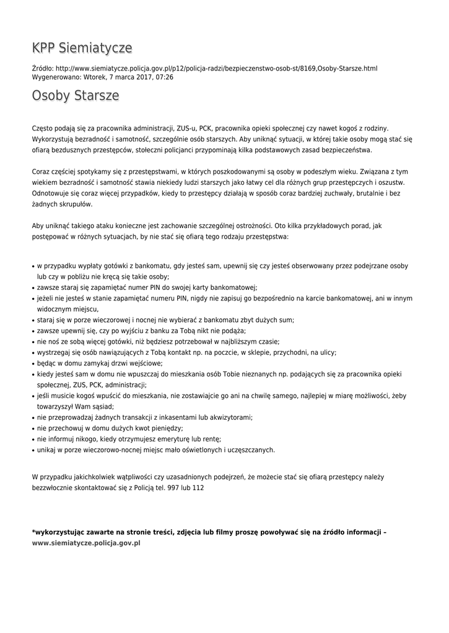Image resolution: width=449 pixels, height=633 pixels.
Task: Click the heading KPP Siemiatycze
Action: pos(82,48)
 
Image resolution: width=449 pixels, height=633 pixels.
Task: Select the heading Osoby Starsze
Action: pos(76,96)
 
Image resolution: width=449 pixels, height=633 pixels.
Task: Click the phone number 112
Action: pos(198,488)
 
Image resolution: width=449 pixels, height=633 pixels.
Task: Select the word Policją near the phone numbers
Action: pos(140,488)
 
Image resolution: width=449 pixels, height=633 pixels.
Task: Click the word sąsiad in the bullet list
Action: pos(103,406)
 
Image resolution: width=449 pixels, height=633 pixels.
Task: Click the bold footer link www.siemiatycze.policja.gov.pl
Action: pos(86,542)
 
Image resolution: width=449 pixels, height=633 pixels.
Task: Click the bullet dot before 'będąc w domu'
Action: pos(33,363)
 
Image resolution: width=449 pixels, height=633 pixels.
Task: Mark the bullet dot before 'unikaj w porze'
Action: pos(33,451)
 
